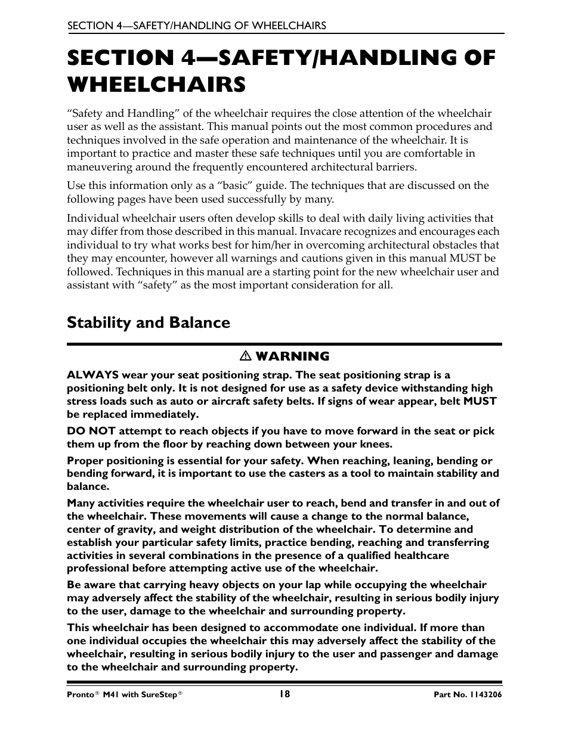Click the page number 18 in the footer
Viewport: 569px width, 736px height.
pyautogui.click(x=284, y=694)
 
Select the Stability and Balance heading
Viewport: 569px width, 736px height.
pyautogui.click(x=149, y=322)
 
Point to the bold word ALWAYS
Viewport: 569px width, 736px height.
pyautogui.click(x=92, y=375)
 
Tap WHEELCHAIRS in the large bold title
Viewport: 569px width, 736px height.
pyautogui.click(x=156, y=84)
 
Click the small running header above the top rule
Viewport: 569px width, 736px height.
pyautogui.click(x=196, y=25)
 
